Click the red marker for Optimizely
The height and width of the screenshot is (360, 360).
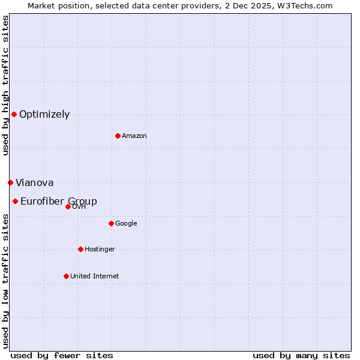pyautogui.click(x=14, y=114)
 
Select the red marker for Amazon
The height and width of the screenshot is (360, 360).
pyautogui.click(x=118, y=136)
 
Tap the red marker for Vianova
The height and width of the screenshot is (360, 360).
pyautogui.click(x=10, y=182)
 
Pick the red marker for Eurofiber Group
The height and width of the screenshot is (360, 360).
pyautogui.click(x=15, y=201)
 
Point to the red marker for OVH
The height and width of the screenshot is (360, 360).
pyautogui.click(x=68, y=206)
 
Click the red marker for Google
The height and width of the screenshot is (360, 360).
pyautogui.click(x=111, y=223)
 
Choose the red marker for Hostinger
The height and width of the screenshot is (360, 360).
pyautogui.click(x=80, y=249)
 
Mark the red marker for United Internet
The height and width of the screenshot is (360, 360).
pyautogui.click(x=66, y=276)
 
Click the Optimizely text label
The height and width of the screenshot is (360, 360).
pyautogui.click(x=44, y=115)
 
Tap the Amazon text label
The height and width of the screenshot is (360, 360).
pyautogui.click(x=134, y=136)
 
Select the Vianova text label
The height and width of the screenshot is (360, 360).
pyautogui.click(x=34, y=183)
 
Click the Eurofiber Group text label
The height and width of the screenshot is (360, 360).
pyautogui.click(x=59, y=202)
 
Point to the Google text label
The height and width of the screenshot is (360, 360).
pyautogui.click(x=126, y=224)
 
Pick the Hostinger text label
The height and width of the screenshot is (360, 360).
pyautogui.click(x=100, y=250)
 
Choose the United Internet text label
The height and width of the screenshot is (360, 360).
pyautogui.click(x=94, y=277)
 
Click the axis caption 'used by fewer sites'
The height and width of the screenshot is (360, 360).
pyautogui.click(x=62, y=355)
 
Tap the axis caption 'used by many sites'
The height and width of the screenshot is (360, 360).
pyautogui.click(x=301, y=355)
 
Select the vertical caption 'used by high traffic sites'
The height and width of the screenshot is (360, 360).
pyautogui.click(x=5, y=86)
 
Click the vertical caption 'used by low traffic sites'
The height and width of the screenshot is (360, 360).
pyautogui.click(x=5, y=281)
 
